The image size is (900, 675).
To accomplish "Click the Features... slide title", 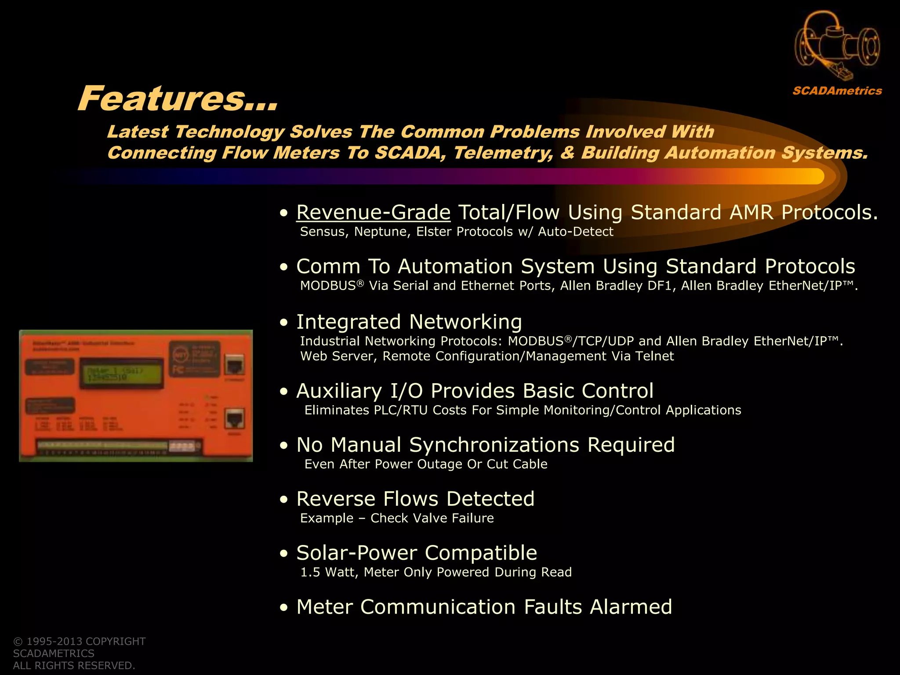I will coord(178,98).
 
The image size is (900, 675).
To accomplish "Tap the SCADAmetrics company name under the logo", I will coord(837,91).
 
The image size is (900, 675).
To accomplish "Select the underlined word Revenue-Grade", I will coord(374,212).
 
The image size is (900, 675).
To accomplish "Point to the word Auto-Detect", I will coord(575,232).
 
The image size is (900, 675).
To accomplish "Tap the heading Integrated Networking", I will coord(409,322).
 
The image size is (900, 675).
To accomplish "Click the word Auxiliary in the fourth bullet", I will coord(339,391).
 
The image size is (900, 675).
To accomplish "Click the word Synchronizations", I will coord(494,445).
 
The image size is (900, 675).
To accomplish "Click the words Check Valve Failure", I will coord(432,518).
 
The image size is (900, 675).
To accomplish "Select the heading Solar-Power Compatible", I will coord(417,553).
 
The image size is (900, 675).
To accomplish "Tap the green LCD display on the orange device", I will coord(121,373).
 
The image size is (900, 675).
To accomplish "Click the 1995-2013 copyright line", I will coord(80,641).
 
